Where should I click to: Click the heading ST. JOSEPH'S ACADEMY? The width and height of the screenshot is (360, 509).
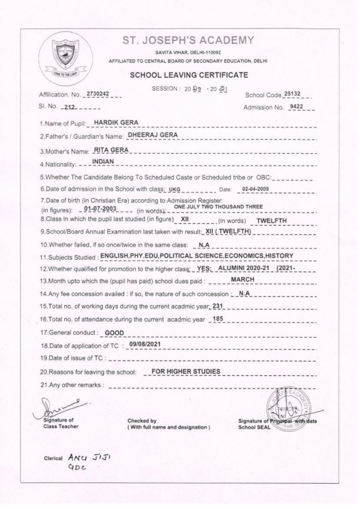click(x=188, y=40)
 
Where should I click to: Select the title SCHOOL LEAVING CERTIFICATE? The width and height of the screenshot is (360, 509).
click(x=189, y=75)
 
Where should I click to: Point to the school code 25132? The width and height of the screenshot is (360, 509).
click(x=292, y=94)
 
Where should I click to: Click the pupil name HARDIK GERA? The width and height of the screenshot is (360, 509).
click(x=116, y=122)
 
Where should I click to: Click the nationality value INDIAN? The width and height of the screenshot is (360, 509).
click(x=103, y=162)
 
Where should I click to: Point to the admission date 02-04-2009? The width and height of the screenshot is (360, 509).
click(x=255, y=189)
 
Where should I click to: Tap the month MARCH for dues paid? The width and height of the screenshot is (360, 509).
click(x=242, y=280)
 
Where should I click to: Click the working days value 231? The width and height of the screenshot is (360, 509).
click(x=218, y=306)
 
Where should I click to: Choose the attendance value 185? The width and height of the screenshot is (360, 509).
click(x=218, y=319)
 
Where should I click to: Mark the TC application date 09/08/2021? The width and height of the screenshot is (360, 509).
click(x=145, y=344)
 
